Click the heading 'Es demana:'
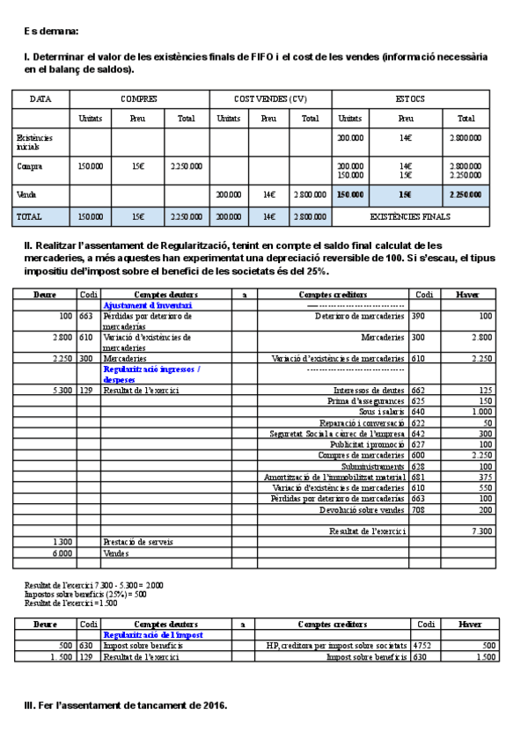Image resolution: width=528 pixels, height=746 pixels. [x=51, y=32]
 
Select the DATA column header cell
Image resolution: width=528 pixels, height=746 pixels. [x=40, y=99]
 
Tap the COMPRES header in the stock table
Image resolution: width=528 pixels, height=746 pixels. [x=139, y=99]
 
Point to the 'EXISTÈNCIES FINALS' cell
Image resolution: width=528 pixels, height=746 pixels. [x=410, y=216]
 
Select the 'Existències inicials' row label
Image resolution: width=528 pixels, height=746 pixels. [x=35, y=142]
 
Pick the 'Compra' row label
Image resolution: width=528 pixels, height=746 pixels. [x=29, y=165]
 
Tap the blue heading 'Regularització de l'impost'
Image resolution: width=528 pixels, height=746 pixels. [x=153, y=634]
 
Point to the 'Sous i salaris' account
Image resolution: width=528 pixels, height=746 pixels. [x=381, y=412]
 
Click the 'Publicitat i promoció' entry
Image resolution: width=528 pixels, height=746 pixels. [x=367, y=444]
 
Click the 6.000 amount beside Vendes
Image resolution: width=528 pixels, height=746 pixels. [x=63, y=552]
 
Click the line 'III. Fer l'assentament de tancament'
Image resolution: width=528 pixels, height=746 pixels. [x=126, y=705]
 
